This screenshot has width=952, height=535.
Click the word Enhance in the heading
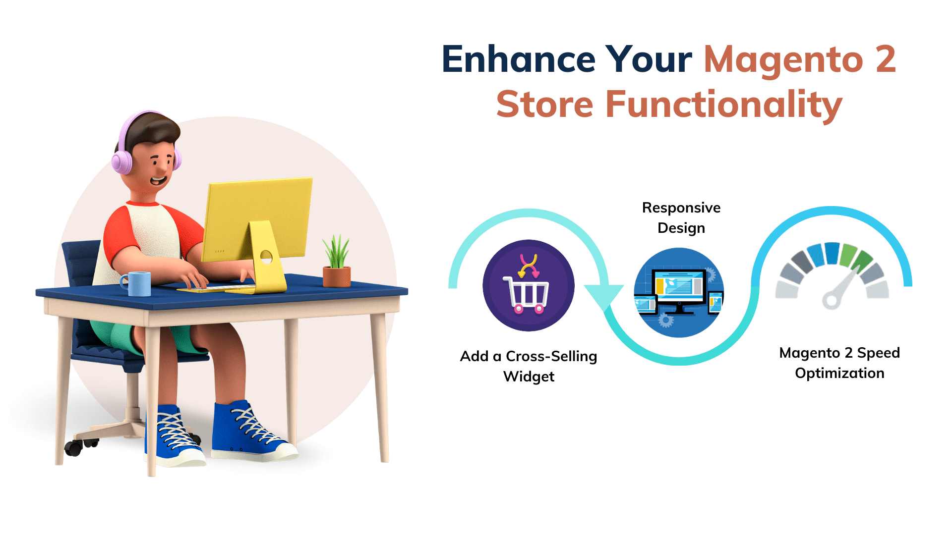518,59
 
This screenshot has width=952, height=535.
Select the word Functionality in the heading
724,105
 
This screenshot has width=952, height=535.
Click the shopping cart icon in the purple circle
527,295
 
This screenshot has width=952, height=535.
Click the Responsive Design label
681,217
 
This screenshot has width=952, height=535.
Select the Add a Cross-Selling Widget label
529,366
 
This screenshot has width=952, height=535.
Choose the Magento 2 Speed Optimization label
839,363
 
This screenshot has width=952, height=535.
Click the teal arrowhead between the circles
604,296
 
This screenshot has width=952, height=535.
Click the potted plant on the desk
337,263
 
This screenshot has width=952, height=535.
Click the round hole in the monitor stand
266,257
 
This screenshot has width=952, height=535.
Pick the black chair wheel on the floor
73,448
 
